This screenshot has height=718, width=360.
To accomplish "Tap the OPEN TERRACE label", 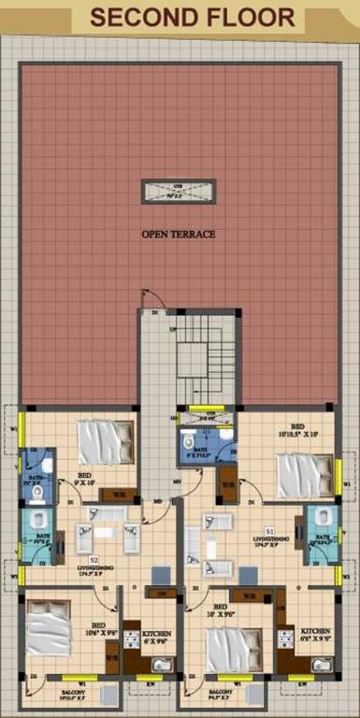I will click(x=179, y=234).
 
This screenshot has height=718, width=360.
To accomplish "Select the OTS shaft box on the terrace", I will click(x=179, y=191).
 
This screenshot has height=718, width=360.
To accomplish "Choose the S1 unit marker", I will click(x=269, y=532).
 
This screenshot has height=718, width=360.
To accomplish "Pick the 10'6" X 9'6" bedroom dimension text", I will click(x=96, y=633).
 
